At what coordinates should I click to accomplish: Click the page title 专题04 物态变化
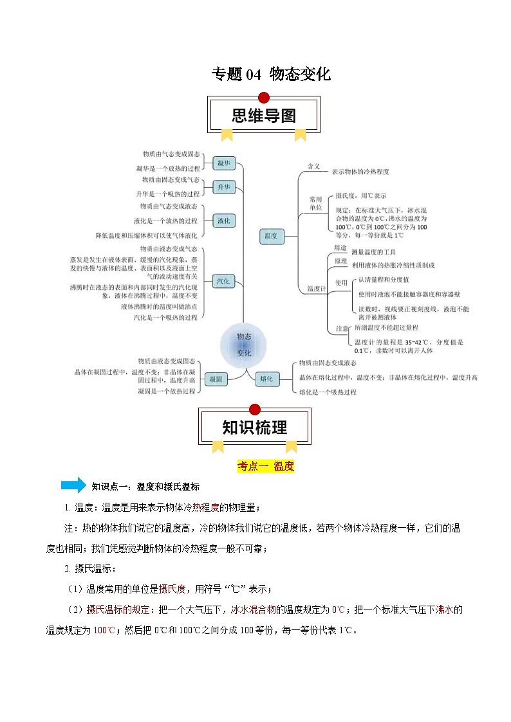[x=271, y=75]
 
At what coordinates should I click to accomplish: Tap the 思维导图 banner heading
[x=263, y=116]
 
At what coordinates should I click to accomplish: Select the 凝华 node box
[x=225, y=163]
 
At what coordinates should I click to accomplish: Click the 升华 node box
[x=223, y=187]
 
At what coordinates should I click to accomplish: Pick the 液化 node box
[x=223, y=221]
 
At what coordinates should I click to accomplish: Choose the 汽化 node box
[x=223, y=281]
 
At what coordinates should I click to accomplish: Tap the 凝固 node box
[x=215, y=379]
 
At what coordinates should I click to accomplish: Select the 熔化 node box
[x=266, y=379]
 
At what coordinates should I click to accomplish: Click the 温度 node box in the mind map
[x=270, y=236]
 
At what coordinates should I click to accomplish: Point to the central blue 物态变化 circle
[x=244, y=345]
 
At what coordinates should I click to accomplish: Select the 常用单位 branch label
[x=315, y=203]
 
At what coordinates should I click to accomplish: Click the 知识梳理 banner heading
[x=255, y=428]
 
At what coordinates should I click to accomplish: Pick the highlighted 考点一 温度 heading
[x=266, y=466]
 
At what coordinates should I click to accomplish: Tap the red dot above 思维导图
[x=263, y=98]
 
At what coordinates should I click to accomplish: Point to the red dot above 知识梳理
[x=255, y=410]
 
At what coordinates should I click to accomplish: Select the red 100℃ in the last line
[x=104, y=630]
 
